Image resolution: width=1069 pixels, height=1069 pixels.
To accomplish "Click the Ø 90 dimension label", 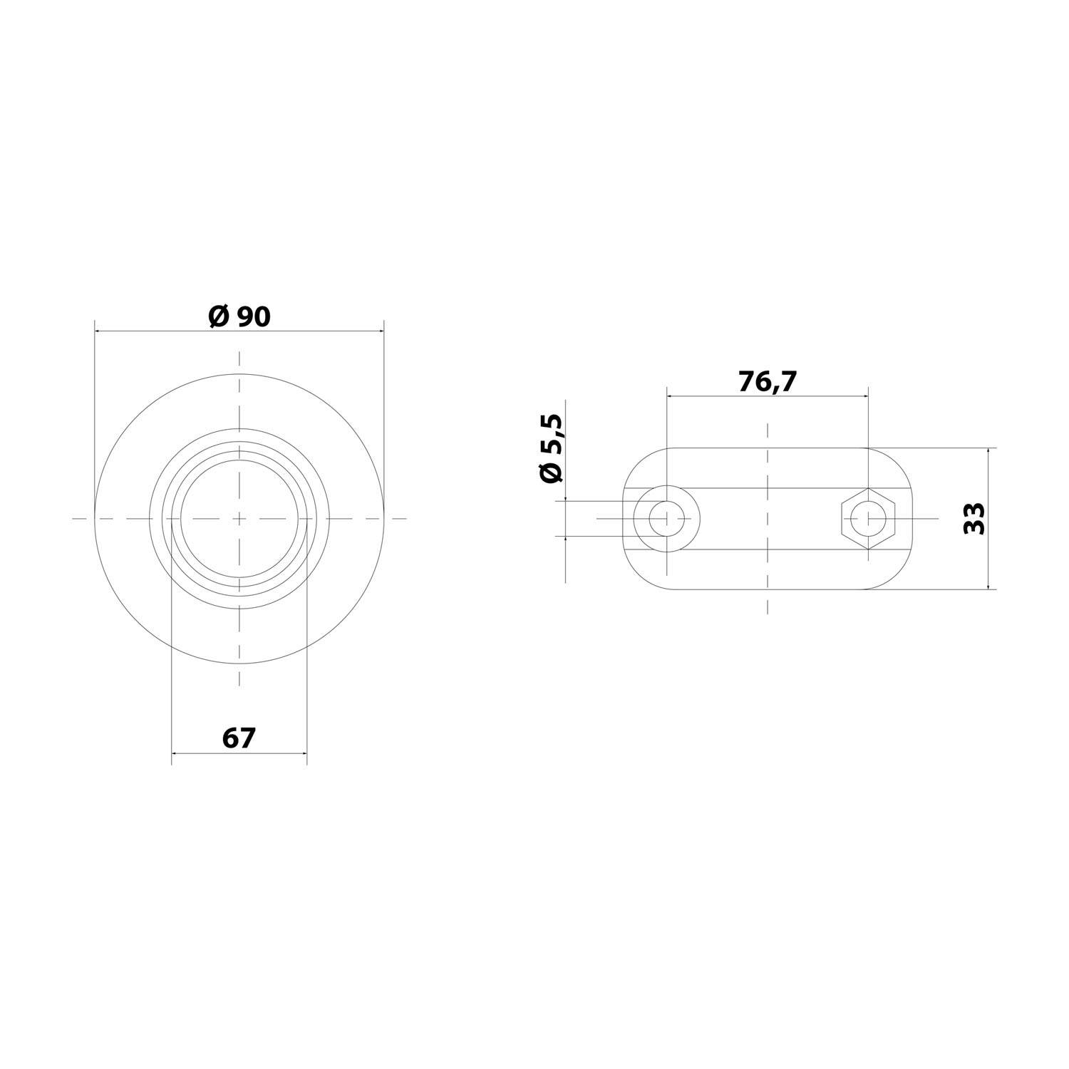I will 239,316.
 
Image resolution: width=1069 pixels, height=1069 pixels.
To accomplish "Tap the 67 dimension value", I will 239,738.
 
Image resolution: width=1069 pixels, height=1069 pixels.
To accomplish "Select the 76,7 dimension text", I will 767,382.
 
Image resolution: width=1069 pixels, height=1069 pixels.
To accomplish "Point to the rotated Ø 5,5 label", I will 552,448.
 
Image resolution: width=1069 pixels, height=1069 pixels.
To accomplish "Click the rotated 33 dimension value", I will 974,518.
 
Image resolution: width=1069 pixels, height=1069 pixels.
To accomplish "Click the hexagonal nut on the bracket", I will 867,518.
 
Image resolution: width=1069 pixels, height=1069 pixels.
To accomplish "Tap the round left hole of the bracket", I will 666,518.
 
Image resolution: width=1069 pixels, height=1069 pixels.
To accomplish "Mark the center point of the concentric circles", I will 239,518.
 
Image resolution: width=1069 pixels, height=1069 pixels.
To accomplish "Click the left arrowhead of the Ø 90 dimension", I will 98,331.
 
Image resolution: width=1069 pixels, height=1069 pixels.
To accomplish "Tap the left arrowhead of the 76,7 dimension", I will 670,396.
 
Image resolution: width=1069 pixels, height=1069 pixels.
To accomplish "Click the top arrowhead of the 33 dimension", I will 988,452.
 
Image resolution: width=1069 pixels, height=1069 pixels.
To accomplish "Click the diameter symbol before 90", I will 219,316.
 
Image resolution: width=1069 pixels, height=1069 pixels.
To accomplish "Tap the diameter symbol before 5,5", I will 552,472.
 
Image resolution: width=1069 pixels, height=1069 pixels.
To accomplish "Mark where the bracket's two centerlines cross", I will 767,518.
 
